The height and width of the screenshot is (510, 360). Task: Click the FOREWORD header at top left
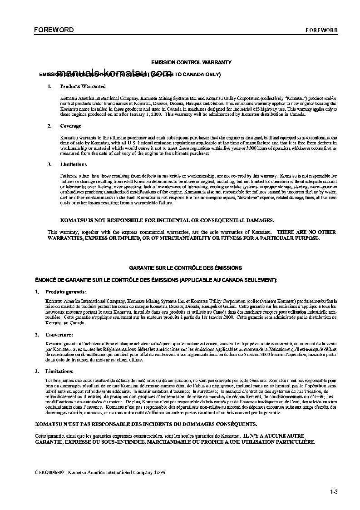[54, 30]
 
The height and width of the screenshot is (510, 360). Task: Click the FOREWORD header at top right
[321, 30]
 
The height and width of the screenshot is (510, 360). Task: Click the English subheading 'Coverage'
[71, 126]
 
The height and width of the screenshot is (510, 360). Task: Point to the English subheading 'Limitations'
[74, 164]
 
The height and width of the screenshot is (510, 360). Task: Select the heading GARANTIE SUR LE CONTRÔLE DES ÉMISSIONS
[185, 268]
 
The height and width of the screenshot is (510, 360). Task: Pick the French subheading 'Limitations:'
[59, 371]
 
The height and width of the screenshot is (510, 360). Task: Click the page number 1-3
[334, 491]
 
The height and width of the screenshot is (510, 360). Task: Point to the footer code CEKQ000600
[49, 472]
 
